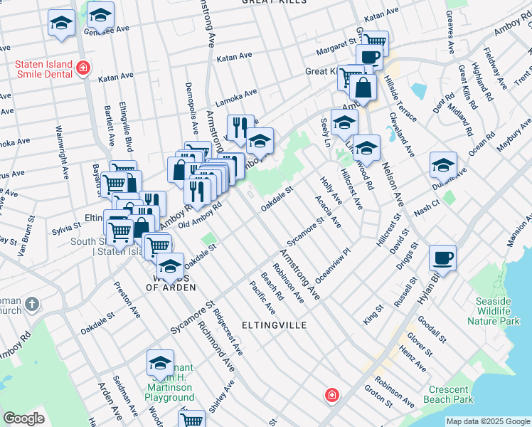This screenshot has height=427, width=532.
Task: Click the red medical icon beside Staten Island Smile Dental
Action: (83, 68)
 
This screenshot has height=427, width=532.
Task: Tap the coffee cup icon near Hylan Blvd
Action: (443, 258)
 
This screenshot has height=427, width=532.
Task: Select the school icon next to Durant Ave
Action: (443, 167)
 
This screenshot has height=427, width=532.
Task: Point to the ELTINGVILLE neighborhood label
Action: (274, 325)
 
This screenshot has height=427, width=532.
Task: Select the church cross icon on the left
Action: (31, 305)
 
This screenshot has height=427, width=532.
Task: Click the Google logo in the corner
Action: (23, 418)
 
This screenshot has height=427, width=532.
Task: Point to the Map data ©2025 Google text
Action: (487, 421)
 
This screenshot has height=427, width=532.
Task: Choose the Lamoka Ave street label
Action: (236, 98)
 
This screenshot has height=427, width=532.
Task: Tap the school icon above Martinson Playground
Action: (160, 364)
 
